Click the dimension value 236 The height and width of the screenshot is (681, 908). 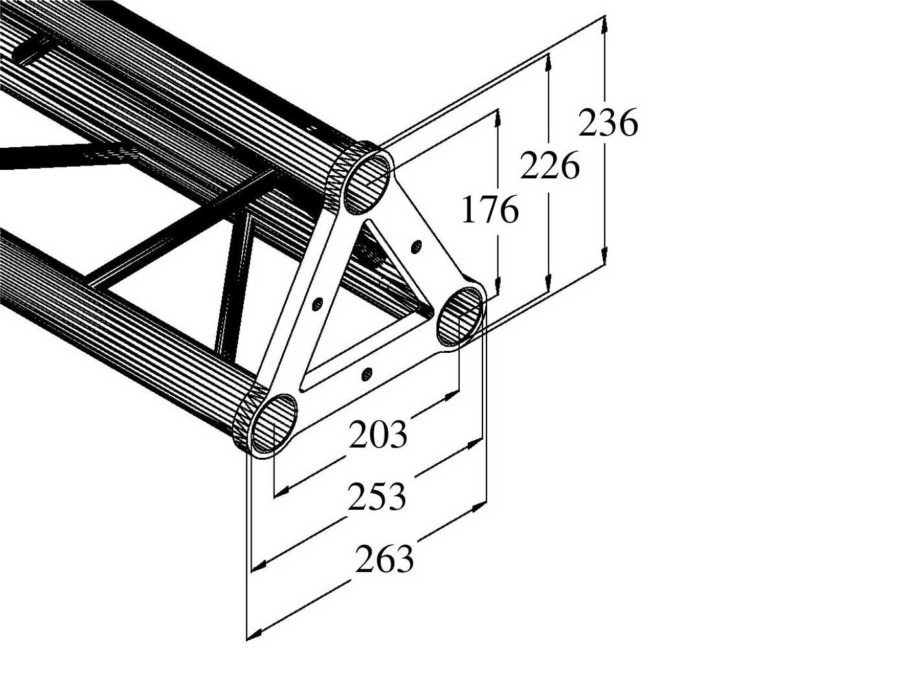pos(608,123)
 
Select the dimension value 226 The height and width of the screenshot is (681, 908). pos(550,167)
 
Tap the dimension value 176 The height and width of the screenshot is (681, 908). pos(490,210)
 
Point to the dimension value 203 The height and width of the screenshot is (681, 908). pos(378,435)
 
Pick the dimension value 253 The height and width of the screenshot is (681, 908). pos(377,497)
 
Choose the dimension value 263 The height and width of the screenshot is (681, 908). pos(384,559)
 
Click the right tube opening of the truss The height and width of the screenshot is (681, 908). pos(460,317)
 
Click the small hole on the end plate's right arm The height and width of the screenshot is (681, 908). pos(417,246)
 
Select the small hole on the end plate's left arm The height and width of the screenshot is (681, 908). pos(318,303)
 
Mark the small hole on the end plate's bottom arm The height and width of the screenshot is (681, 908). pos(366,373)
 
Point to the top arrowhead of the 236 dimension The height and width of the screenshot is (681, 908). pos(604,23)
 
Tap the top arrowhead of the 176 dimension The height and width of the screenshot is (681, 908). pos(497,117)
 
